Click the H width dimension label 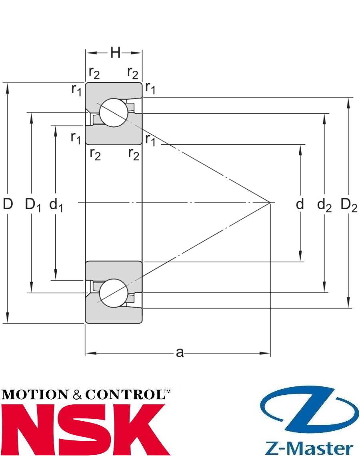[x=115, y=52]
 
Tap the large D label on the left [x=8, y=204]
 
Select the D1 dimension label [x=33, y=205]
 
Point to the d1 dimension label [x=56, y=205]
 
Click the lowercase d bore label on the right [x=300, y=204]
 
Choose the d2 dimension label [x=324, y=205]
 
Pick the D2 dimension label [x=348, y=205]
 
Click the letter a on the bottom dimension [x=180, y=352]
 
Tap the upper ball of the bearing [x=114, y=112]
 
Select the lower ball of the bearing [x=114, y=294]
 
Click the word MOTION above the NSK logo [x=34, y=395]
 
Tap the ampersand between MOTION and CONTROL [x=78, y=395]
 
